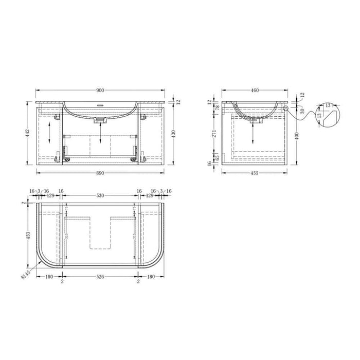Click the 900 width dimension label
click(x=100, y=90)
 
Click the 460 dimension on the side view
click(x=254, y=90)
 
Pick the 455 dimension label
click(x=254, y=173)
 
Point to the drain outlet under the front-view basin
click(x=100, y=120)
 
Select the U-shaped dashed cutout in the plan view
click(x=100, y=231)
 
